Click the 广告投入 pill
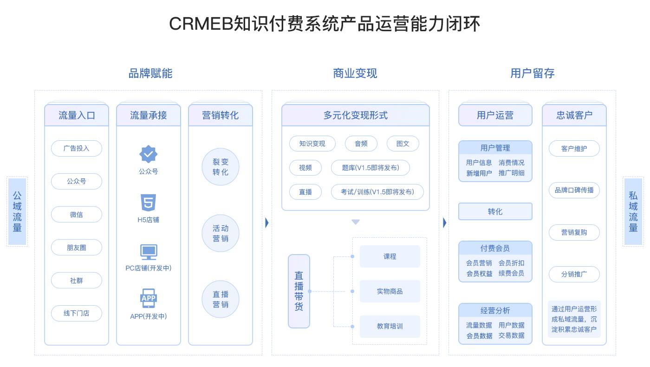click(77, 148)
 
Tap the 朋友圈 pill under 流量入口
click(77, 247)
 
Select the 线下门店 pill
click(77, 313)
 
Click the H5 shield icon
click(148, 203)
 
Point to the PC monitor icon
click(149, 252)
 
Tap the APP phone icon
click(149, 298)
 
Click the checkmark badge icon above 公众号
click(148, 154)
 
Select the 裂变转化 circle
click(221, 167)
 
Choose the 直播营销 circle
click(221, 299)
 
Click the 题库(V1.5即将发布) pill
click(370, 168)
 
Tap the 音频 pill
click(361, 144)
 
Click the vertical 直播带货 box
click(299, 291)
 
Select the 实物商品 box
click(390, 291)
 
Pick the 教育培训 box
click(390, 326)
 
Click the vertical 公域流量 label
click(17, 211)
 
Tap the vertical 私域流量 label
click(633, 211)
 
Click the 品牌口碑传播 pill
click(574, 190)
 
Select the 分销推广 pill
click(574, 274)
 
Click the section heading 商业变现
click(355, 73)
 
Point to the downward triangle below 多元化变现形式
click(356, 222)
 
